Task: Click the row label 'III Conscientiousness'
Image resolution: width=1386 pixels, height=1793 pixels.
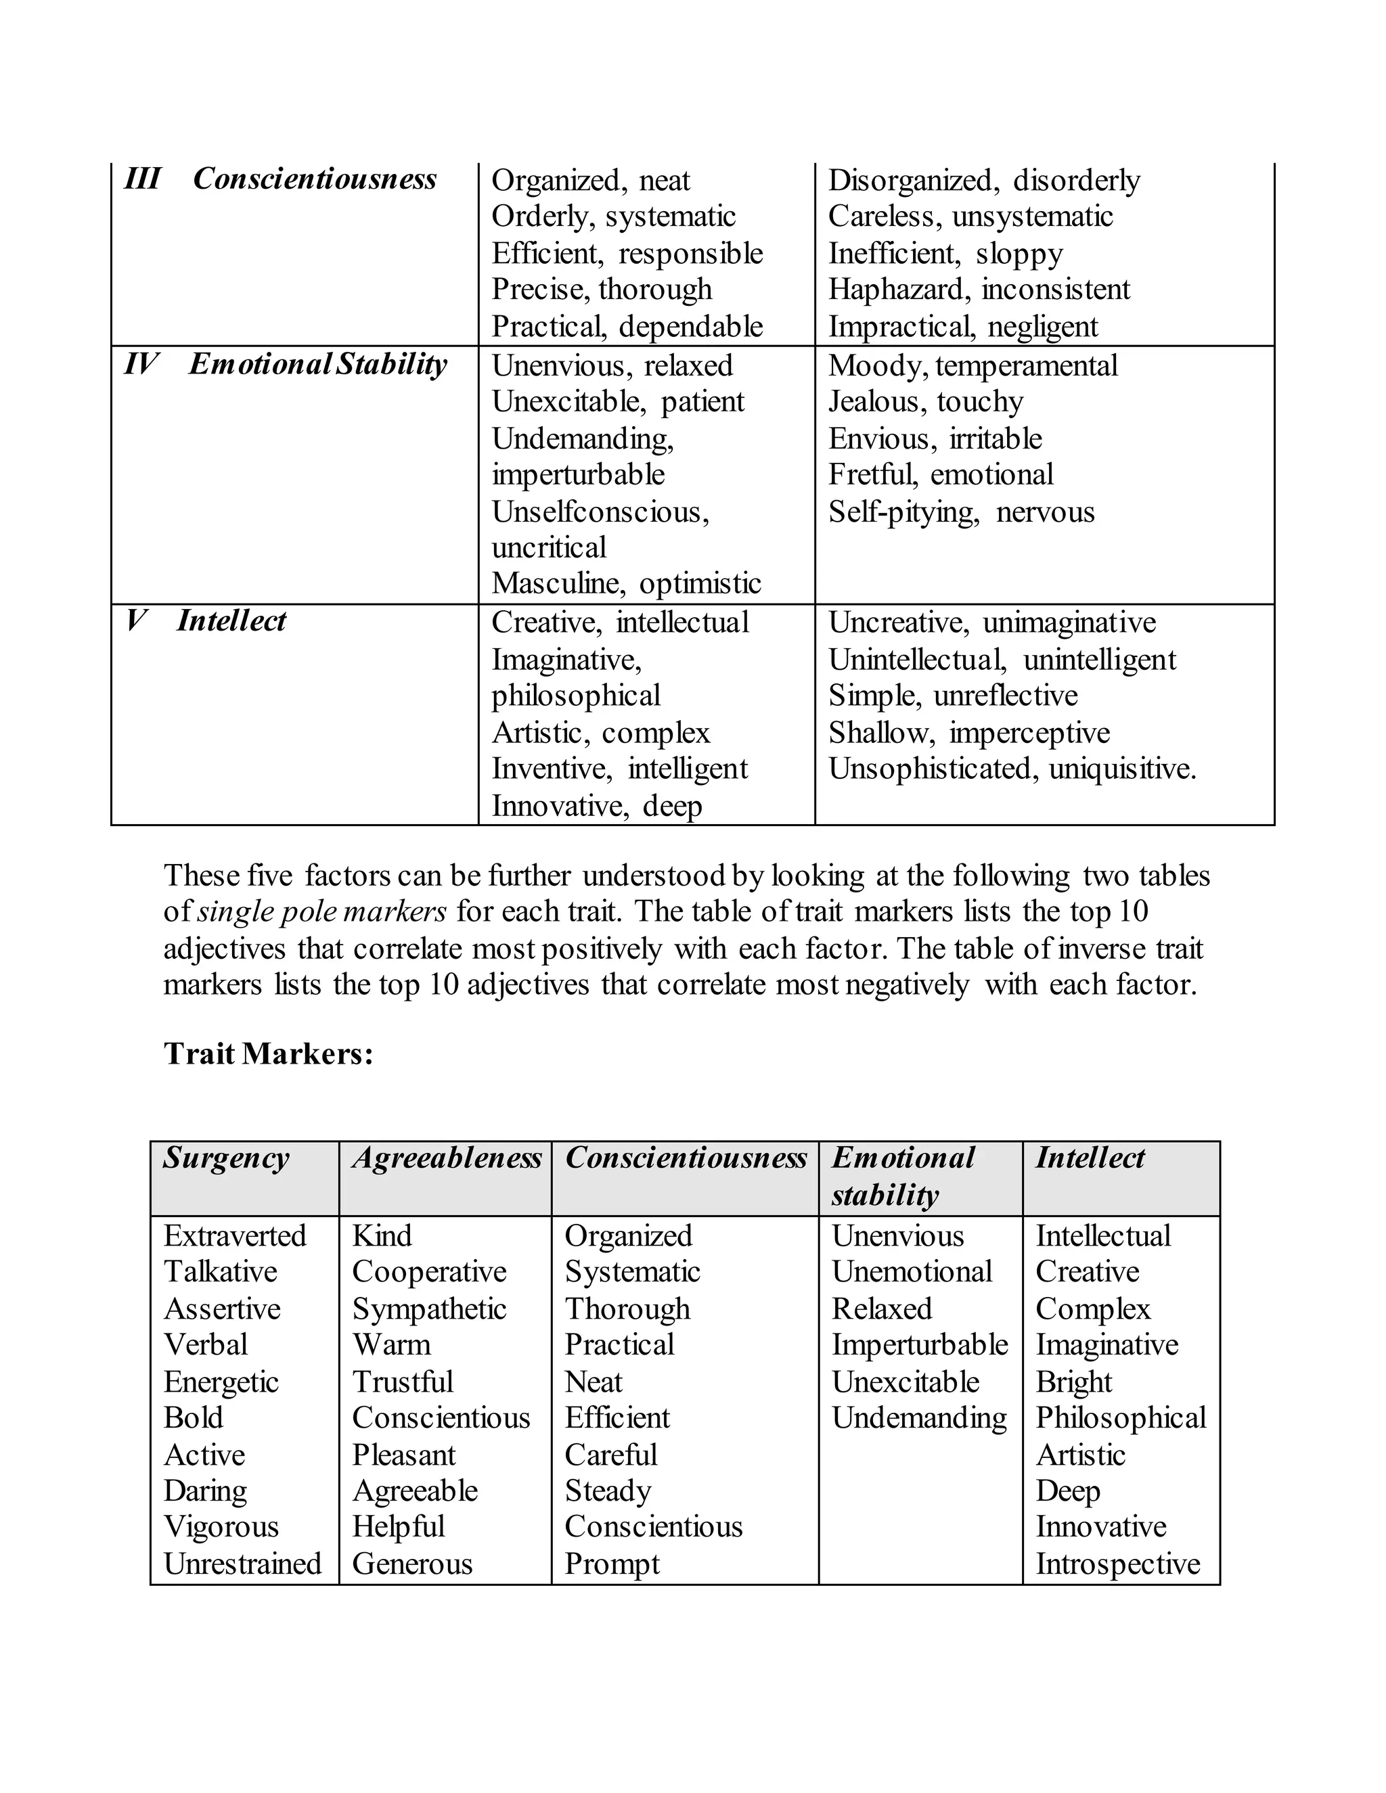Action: [x=280, y=179]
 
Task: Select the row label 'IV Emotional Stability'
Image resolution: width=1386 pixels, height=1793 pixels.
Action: [x=285, y=364]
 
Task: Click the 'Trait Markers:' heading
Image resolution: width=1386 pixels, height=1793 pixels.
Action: [x=269, y=1053]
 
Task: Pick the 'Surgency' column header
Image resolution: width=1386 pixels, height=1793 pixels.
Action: [x=226, y=1158]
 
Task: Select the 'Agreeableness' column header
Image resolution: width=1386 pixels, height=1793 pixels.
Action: [x=447, y=1158]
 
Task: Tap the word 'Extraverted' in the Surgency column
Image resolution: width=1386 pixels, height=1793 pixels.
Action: [x=235, y=1235]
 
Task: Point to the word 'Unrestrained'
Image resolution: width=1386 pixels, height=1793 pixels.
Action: [x=242, y=1564]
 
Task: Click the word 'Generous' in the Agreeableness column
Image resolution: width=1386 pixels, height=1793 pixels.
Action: [x=412, y=1564]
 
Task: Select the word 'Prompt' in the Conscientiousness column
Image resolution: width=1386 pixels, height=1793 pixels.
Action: [x=612, y=1564]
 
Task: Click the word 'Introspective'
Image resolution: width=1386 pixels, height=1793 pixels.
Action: [x=1117, y=1564]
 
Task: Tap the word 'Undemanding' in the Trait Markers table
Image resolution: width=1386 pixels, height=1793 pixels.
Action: [x=919, y=1417]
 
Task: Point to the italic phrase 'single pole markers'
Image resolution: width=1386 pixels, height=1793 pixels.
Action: [x=322, y=911]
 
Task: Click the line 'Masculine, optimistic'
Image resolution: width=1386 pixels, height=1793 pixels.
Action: [x=627, y=584]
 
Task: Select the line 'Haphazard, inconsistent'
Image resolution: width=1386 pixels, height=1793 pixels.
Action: [x=979, y=289]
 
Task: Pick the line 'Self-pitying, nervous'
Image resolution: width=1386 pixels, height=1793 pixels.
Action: [x=961, y=512]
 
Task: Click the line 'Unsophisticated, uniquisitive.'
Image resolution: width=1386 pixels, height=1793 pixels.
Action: [x=1012, y=769]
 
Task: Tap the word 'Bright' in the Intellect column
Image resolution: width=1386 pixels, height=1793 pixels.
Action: [x=1073, y=1382]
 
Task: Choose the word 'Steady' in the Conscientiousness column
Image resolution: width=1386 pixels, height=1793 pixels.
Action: [x=608, y=1491]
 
